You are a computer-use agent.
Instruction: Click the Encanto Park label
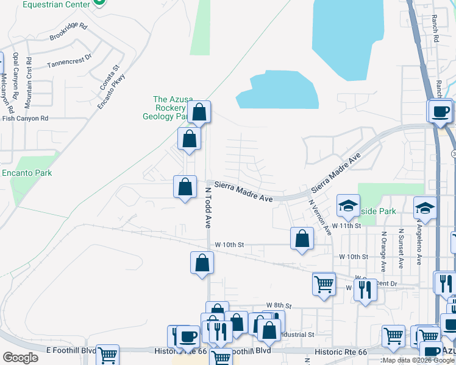[x=26, y=173]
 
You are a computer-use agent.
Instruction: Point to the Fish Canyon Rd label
[x=24, y=118]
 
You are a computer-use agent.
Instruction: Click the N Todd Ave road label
[x=207, y=207]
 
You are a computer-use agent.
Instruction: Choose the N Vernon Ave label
[x=319, y=217]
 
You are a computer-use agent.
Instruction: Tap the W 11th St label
[x=347, y=226]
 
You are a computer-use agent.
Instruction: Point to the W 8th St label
[x=279, y=305]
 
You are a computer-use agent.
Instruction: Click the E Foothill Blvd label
[x=71, y=351]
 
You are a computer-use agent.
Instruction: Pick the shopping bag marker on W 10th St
[x=302, y=239]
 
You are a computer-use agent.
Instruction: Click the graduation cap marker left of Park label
[x=348, y=206]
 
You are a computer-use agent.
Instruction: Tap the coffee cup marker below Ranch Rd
[x=440, y=111]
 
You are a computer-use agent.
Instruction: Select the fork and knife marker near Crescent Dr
[x=365, y=288]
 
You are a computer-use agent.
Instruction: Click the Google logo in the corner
[x=20, y=357]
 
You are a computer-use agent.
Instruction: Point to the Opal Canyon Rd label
[x=16, y=77]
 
